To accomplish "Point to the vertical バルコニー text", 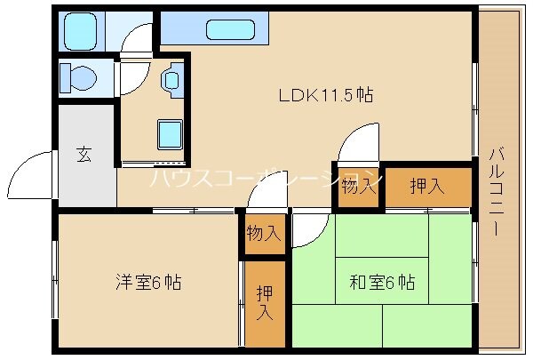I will pyautogui.click(x=494, y=190).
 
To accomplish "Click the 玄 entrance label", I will pyautogui.click(x=84, y=154).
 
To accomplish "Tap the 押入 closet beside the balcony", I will pyautogui.click(x=426, y=186).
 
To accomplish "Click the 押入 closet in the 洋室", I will pyautogui.click(x=265, y=302).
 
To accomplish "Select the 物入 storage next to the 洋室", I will pyautogui.click(x=264, y=235).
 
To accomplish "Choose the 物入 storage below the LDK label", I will pyautogui.click(x=359, y=187).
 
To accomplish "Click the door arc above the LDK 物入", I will pyautogui.click(x=357, y=143).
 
